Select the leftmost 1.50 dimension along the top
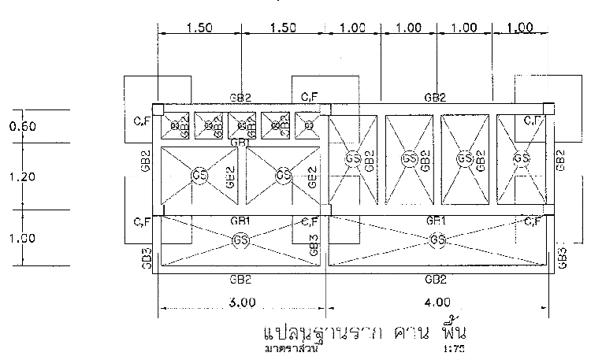point(199,28)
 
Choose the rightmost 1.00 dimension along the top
point(520,28)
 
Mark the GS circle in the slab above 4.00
point(437,239)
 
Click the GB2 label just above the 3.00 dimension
point(240,279)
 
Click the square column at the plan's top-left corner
point(158,109)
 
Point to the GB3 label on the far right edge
point(562,256)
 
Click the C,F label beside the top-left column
point(142,121)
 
